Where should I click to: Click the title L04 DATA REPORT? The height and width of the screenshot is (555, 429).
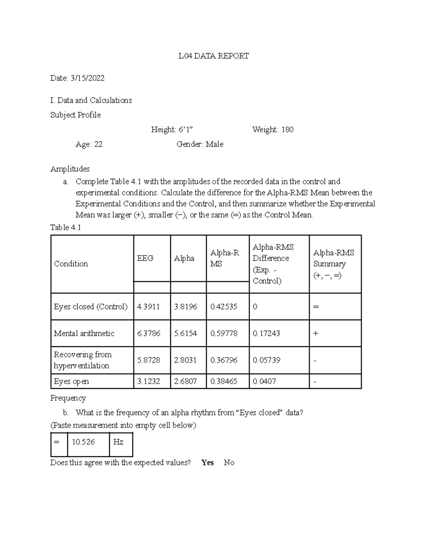214,56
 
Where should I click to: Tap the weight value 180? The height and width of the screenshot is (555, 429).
287,130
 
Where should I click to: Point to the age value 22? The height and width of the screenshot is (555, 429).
98,144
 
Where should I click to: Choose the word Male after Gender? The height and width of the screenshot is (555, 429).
214,144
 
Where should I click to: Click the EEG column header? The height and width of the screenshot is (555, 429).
145,258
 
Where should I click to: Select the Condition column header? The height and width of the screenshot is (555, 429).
71,264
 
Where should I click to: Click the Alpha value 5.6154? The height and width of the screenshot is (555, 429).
185,333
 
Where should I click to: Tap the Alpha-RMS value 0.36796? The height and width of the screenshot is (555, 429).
224,360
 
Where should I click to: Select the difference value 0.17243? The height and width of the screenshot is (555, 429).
266,333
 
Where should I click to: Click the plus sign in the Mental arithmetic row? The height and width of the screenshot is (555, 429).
315,333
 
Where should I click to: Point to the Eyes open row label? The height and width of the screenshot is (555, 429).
71,382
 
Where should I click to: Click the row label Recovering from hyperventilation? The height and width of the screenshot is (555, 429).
83,360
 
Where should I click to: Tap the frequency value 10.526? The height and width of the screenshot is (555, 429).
83,442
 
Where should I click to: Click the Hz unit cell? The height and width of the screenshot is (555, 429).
118,442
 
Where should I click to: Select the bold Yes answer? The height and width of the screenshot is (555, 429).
207,463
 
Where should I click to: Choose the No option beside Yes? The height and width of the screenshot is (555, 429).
229,463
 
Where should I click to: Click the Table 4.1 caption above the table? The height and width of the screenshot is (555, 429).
66,228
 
